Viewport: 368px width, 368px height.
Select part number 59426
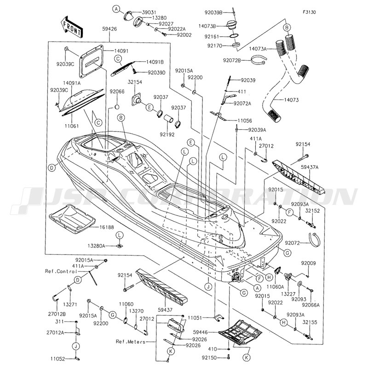[109, 29]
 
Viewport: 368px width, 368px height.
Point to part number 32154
[134, 82]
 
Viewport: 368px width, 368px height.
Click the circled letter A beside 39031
[116, 9]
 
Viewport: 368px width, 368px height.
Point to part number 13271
[70, 305]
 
